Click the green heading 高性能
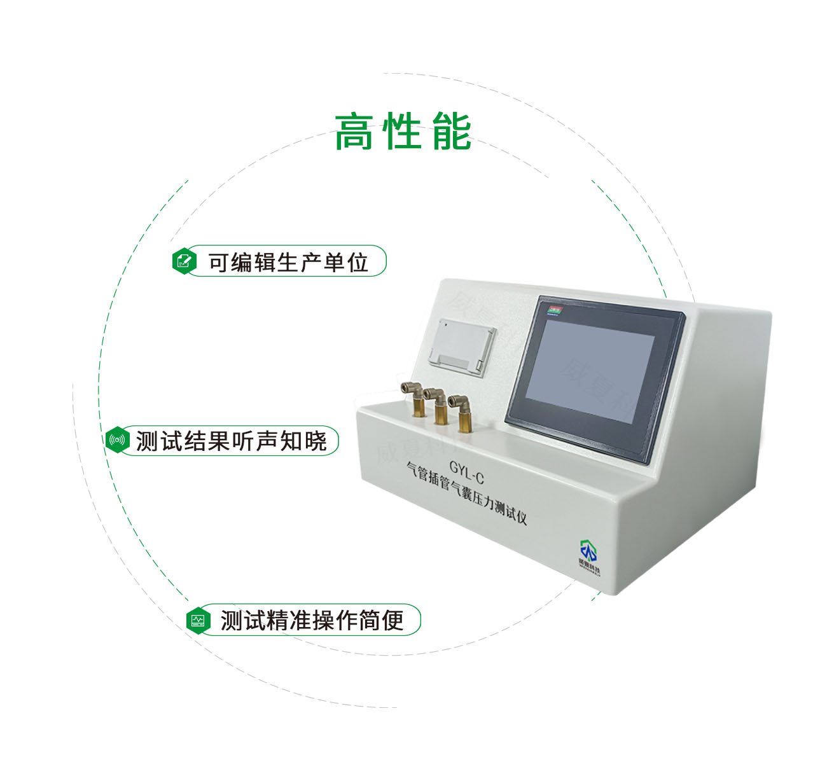coord(403,132)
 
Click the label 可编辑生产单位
coord(288,261)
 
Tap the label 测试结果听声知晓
coord(231,441)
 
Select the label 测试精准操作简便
coord(312,620)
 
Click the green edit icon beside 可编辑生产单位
coord(184,261)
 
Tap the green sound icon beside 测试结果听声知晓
coord(117,440)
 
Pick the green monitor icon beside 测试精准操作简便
coord(198,619)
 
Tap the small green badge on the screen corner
coord(553,310)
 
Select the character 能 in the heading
coord(452,132)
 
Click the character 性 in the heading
coord(403,132)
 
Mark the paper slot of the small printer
coord(455,363)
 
